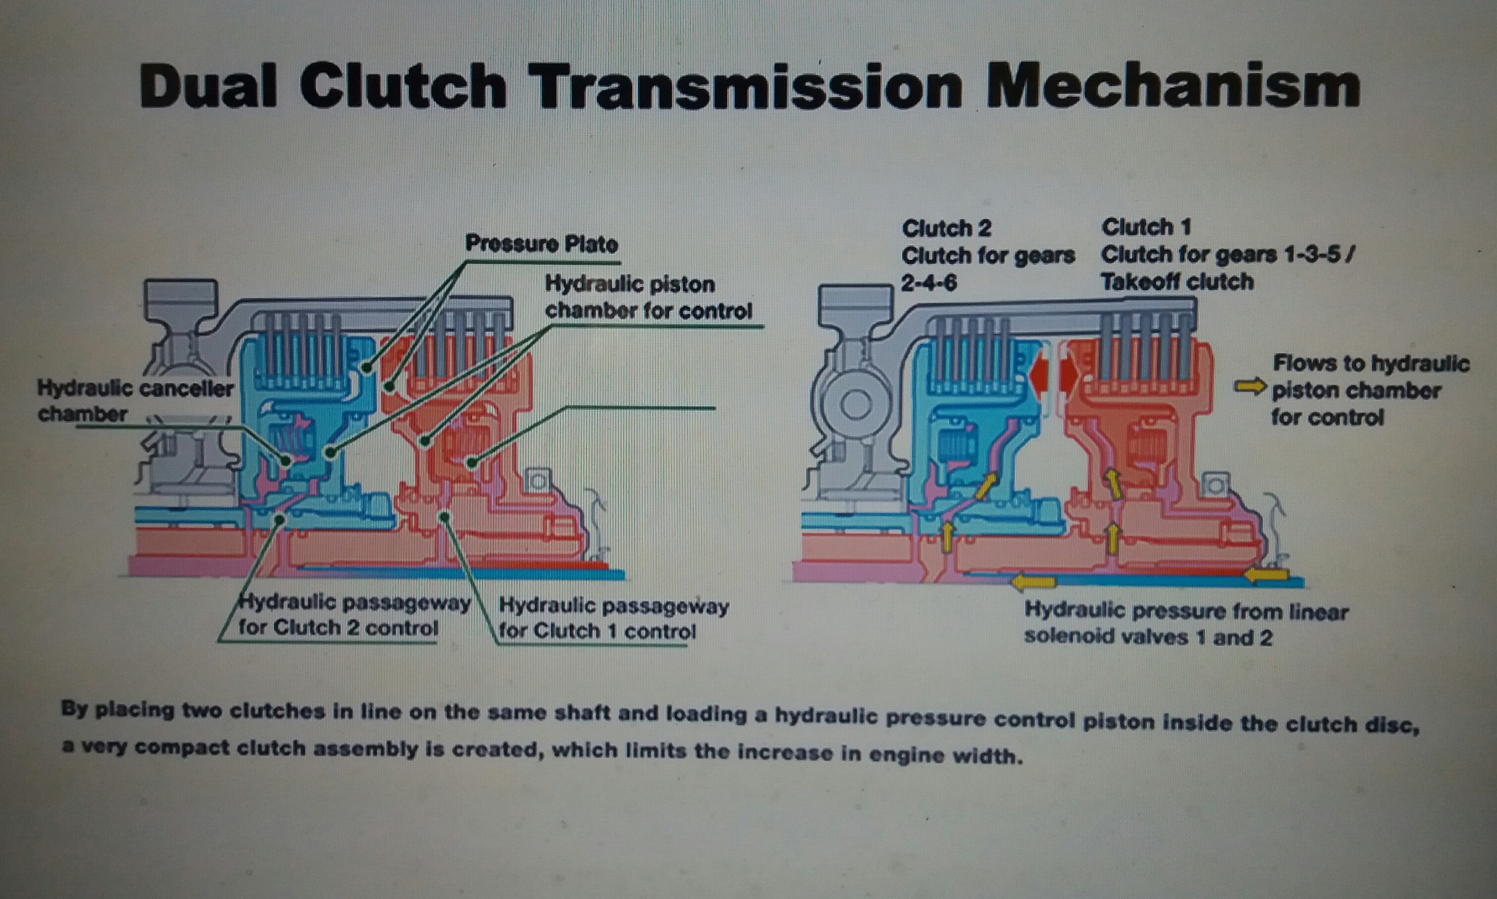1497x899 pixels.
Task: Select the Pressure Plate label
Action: click(x=541, y=244)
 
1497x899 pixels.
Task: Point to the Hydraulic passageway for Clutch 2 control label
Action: click(x=354, y=615)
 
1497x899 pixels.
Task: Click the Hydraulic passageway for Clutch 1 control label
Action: click(x=614, y=619)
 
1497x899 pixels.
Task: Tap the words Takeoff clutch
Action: click(x=1177, y=282)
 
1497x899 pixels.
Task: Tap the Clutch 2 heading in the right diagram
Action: click(x=946, y=229)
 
